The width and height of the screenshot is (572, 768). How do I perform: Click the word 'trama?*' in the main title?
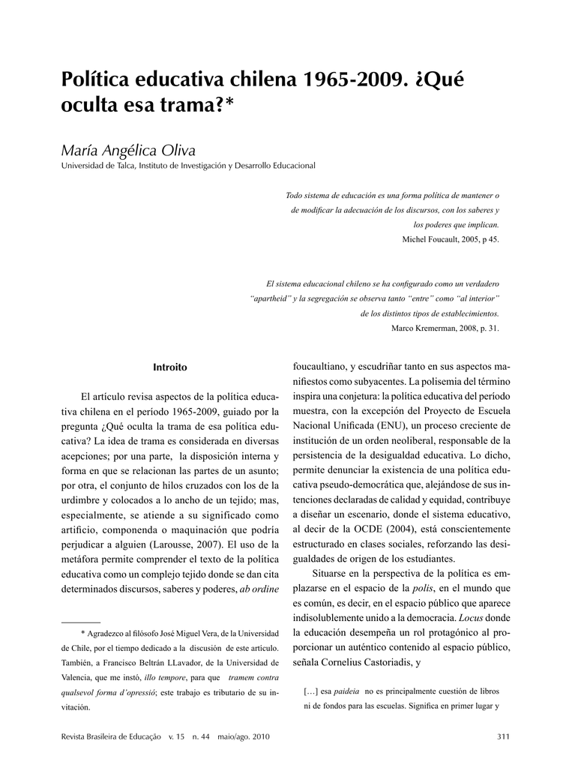[198, 107]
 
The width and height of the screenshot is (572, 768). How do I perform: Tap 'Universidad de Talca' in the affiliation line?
[97, 165]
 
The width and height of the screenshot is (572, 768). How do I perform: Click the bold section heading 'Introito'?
[170, 367]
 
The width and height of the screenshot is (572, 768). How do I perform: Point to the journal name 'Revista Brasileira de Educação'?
[111, 736]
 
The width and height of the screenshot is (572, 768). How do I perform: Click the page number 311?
[503, 736]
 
